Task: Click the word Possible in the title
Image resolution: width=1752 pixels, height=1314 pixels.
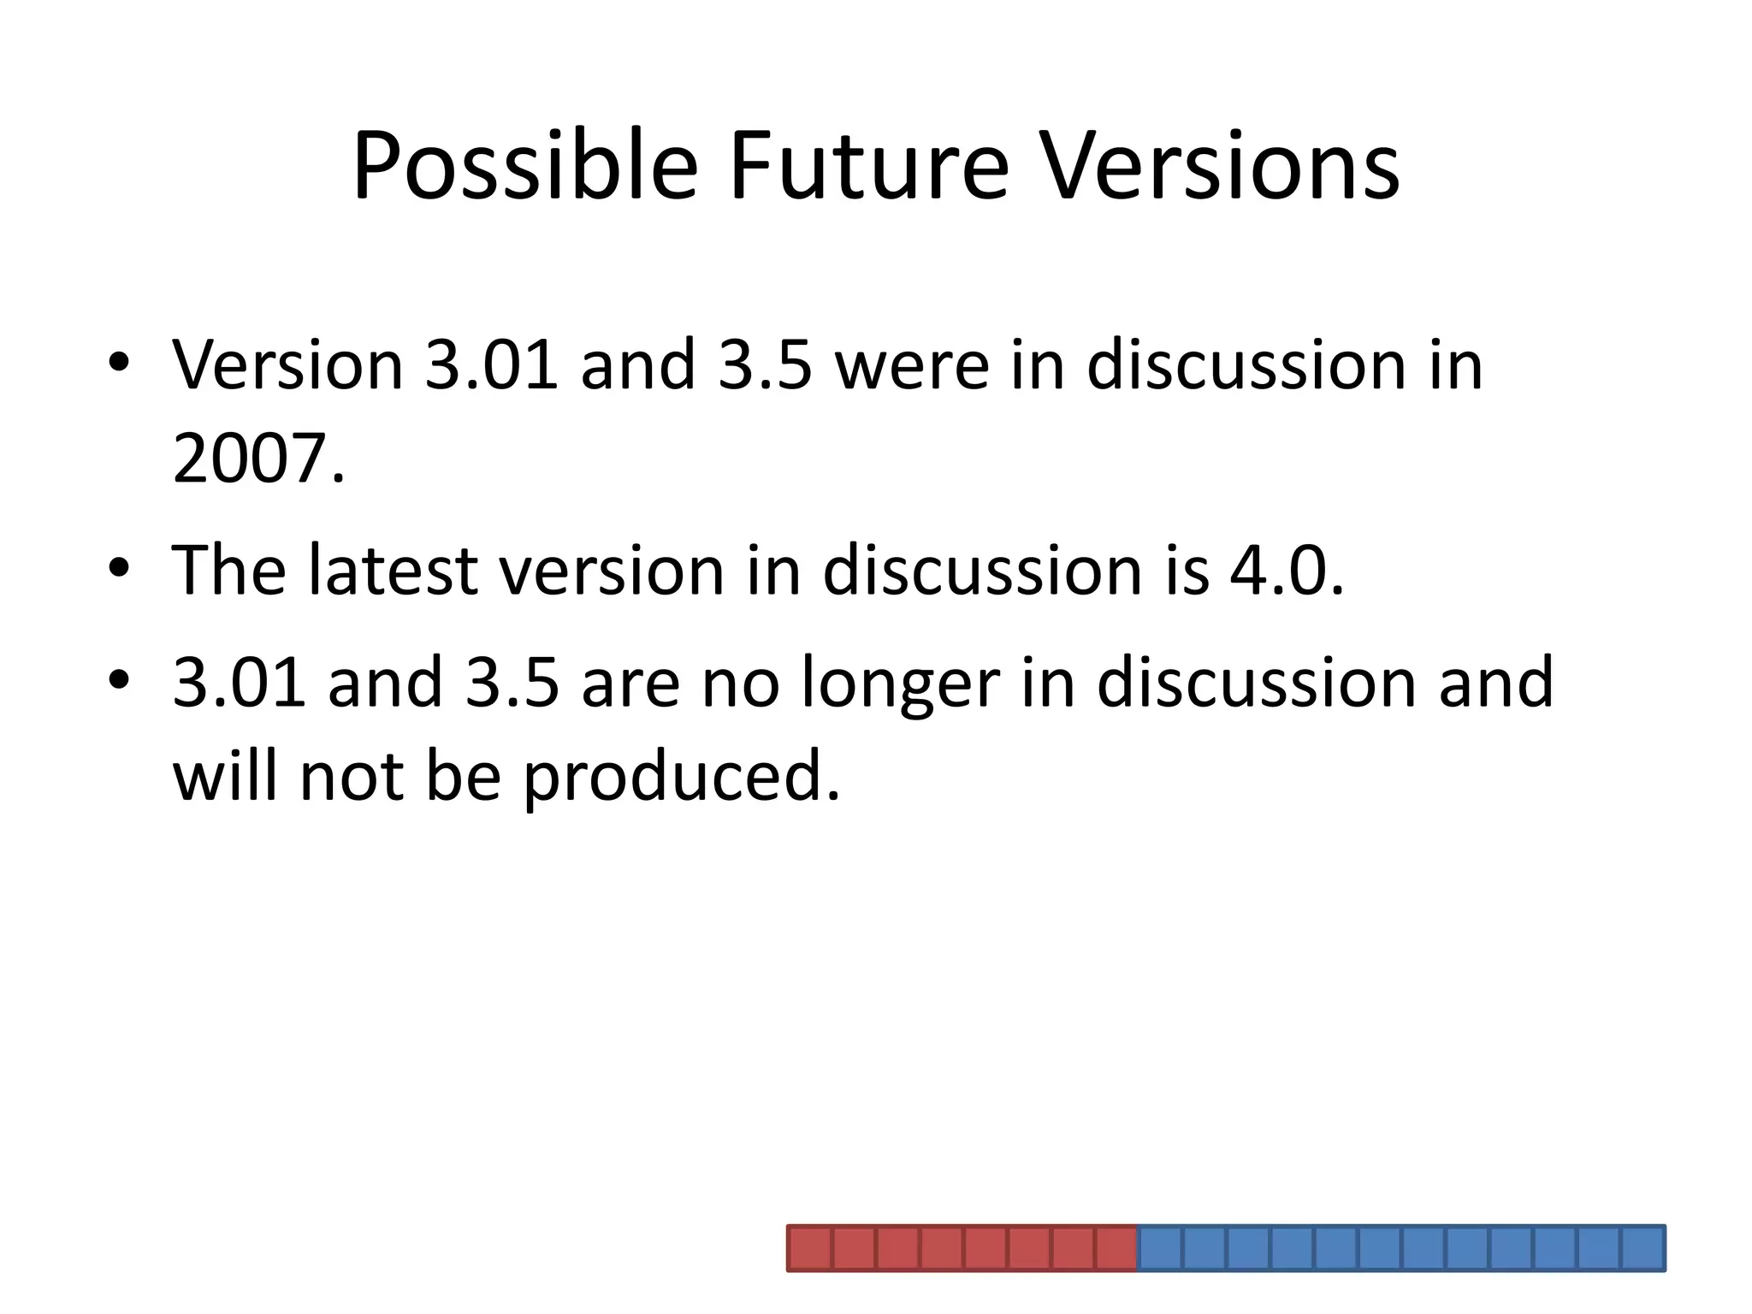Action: (x=524, y=167)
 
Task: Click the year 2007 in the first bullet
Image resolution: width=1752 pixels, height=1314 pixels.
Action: (x=252, y=459)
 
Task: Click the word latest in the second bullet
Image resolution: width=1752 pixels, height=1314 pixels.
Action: (x=393, y=571)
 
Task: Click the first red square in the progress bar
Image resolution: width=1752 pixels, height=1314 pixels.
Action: (x=809, y=1248)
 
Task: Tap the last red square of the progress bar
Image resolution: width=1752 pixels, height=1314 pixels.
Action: (x=1116, y=1248)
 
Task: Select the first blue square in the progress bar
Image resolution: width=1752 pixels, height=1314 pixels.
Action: (x=1160, y=1248)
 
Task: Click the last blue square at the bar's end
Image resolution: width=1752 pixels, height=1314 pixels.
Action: (x=1642, y=1248)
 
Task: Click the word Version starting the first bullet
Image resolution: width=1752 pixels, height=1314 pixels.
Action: (x=287, y=366)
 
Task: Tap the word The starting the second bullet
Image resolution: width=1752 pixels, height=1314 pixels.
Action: (x=228, y=571)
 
